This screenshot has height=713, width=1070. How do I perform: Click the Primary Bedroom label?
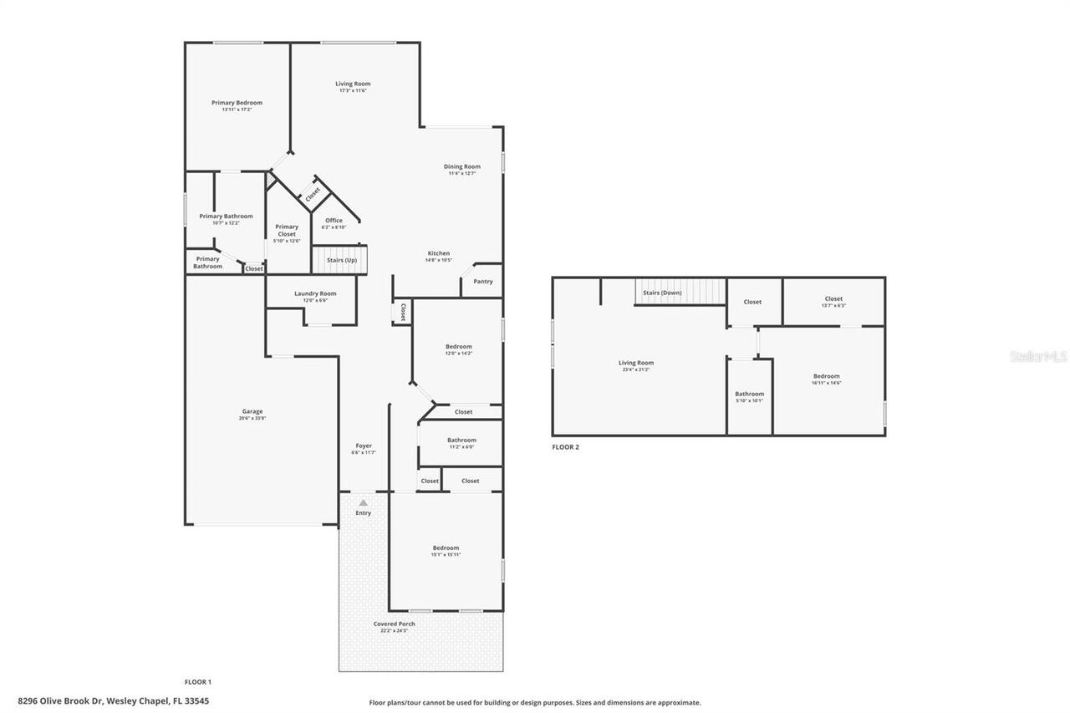pyautogui.click(x=237, y=104)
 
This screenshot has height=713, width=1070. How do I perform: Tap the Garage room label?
pyautogui.click(x=252, y=412)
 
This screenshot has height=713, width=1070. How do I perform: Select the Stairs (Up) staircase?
pyautogui.click(x=341, y=259)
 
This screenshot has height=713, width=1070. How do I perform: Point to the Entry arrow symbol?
pyautogui.click(x=363, y=502)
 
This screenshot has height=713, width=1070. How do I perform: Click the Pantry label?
pyautogui.click(x=483, y=282)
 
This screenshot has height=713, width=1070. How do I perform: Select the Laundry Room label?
pyautogui.click(x=315, y=294)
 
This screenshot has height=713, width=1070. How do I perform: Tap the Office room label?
pyautogui.click(x=334, y=222)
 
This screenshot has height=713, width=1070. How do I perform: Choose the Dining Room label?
pyautogui.click(x=461, y=167)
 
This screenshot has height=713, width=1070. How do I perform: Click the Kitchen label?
pyautogui.click(x=439, y=254)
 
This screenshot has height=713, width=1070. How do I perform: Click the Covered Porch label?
pyautogui.click(x=394, y=624)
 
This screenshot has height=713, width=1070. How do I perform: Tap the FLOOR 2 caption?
pyautogui.click(x=565, y=447)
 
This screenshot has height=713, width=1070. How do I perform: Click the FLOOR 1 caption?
pyautogui.click(x=198, y=682)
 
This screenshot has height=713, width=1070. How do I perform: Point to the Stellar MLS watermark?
pyautogui.click(x=1038, y=356)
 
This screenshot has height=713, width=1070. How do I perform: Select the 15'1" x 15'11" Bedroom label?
pyautogui.click(x=446, y=549)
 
